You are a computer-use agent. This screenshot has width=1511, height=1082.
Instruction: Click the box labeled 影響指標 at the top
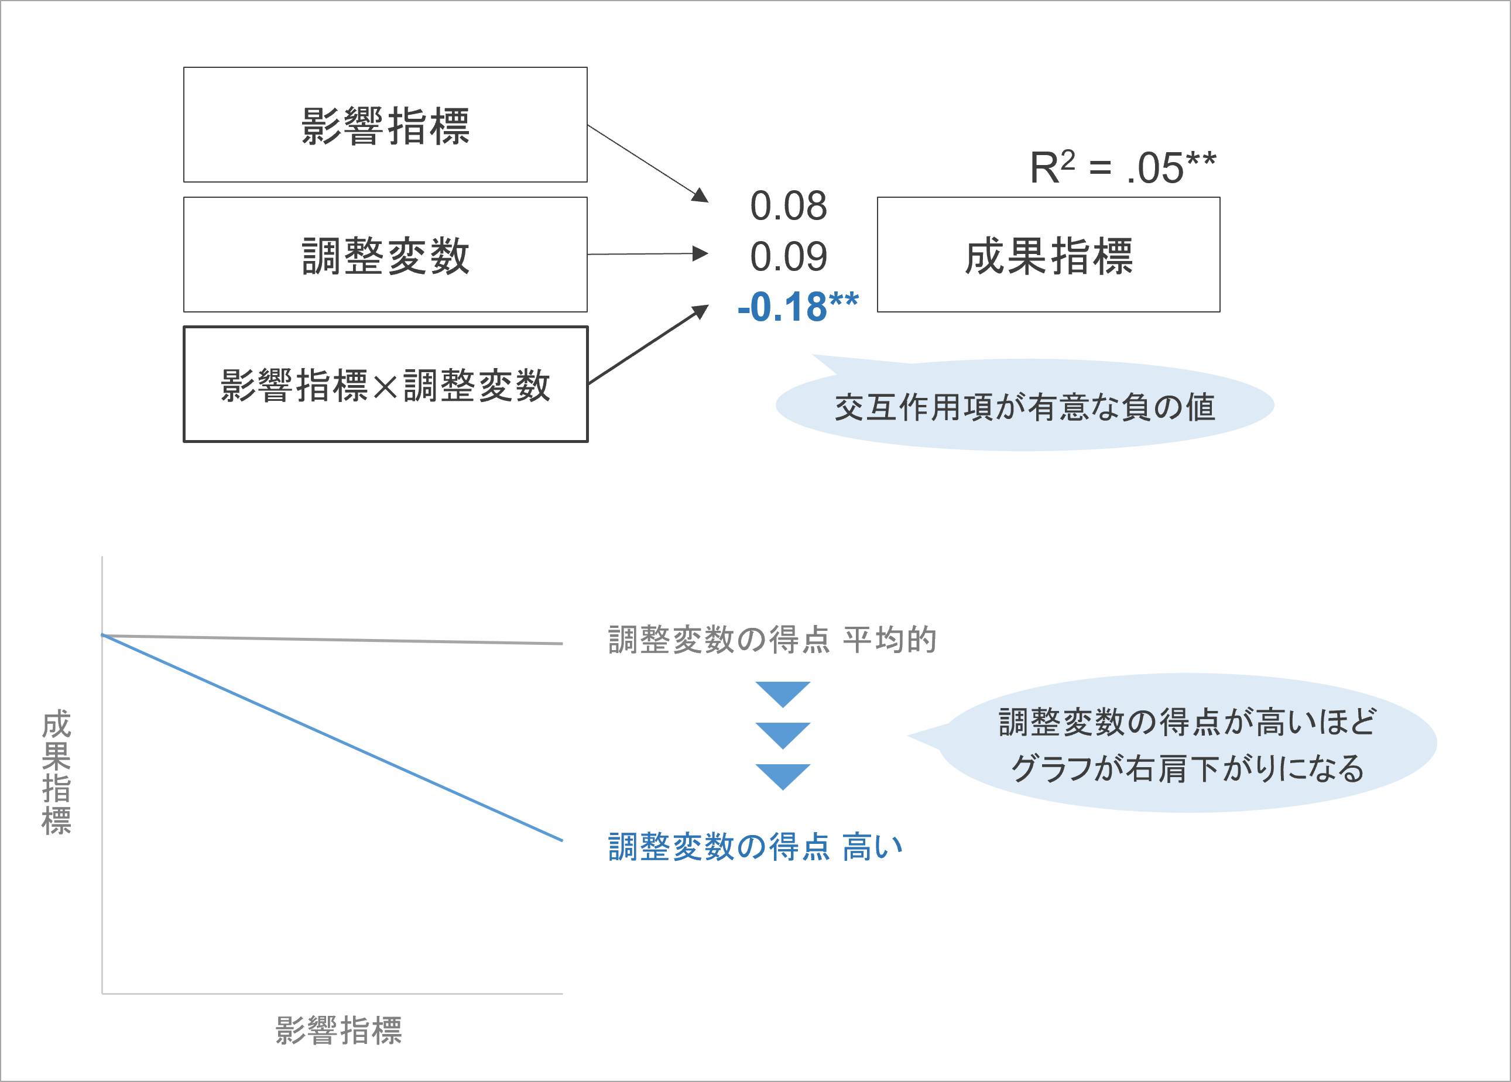[385, 125]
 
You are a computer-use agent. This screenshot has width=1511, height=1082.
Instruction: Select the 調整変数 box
[385, 255]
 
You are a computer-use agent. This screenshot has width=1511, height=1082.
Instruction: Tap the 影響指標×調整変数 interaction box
[385, 384]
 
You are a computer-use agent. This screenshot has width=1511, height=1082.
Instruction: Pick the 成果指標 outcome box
[1048, 255]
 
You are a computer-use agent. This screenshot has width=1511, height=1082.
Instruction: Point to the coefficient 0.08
[788, 206]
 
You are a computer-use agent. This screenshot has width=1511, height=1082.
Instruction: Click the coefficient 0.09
[788, 256]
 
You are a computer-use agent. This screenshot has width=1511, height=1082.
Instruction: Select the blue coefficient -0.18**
[797, 307]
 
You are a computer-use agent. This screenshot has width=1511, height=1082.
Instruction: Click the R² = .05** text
[1123, 166]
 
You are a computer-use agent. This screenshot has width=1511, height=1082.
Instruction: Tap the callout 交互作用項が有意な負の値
[1025, 406]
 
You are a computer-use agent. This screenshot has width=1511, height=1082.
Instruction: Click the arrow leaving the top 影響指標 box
[647, 163]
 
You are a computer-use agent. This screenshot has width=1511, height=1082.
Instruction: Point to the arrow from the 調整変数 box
[647, 254]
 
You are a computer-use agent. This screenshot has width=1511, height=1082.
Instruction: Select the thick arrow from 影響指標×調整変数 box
[649, 344]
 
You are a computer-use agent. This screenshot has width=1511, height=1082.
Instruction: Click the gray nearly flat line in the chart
[332, 639]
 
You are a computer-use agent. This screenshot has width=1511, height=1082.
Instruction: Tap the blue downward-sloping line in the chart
[332, 738]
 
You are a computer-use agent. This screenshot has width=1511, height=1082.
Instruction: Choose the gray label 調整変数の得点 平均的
[772, 640]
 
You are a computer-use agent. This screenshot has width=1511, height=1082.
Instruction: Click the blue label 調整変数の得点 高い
[755, 847]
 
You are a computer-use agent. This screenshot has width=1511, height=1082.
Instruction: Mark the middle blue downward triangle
[783, 735]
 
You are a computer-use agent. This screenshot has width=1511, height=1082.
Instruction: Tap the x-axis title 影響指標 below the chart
[338, 1030]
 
